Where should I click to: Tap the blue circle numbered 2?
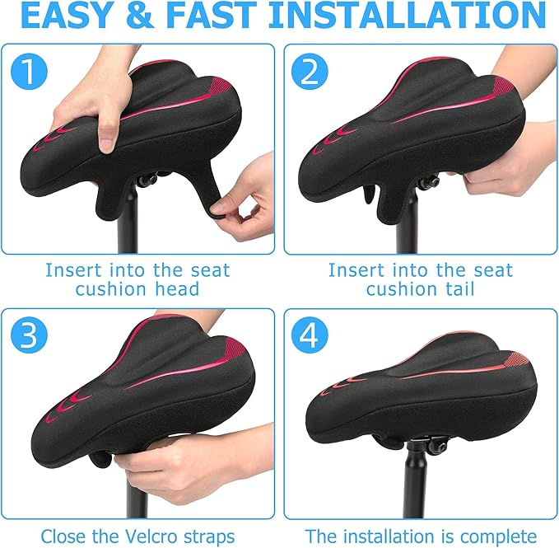click(x=310, y=73)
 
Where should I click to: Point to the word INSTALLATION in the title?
click(x=408, y=16)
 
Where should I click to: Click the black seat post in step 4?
click(x=416, y=486)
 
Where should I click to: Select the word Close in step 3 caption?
click(x=63, y=536)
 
